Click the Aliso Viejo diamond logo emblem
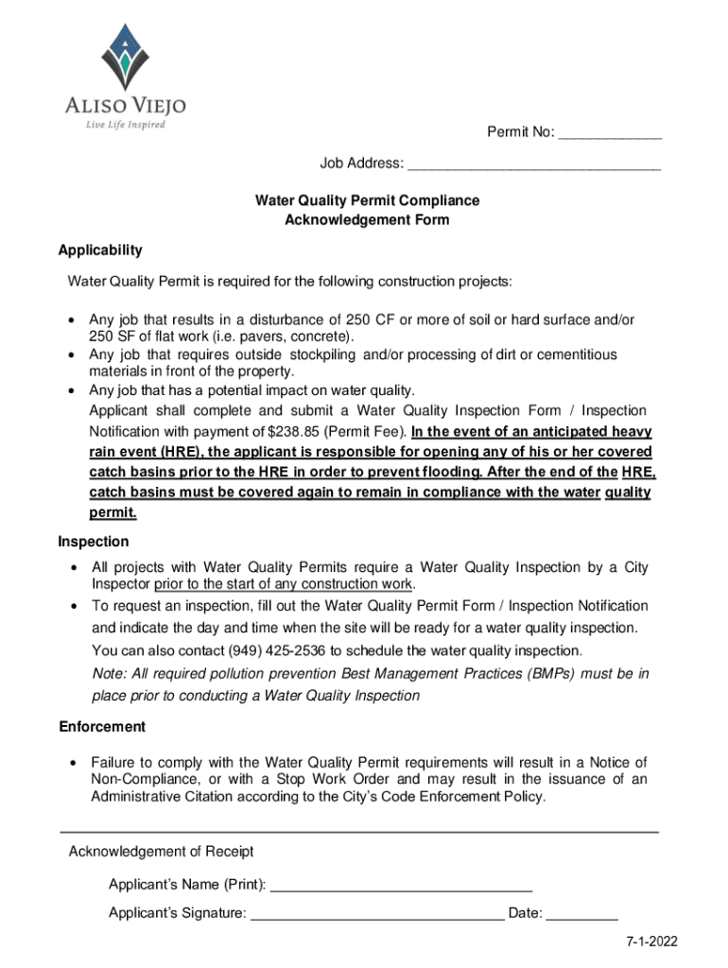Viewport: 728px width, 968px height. point(119,55)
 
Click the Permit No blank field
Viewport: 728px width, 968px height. point(609,133)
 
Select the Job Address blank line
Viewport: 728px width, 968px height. point(533,164)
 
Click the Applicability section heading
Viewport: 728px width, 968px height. point(100,251)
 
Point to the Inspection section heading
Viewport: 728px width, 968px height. point(94,543)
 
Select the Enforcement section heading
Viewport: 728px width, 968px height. point(102,727)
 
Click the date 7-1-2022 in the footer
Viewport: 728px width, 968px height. point(650,942)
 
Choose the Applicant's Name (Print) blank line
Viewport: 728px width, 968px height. point(401,886)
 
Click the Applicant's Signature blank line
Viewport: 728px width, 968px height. point(377,914)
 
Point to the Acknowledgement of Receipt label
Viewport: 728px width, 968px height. point(161,852)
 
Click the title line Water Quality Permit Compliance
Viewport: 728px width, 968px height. point(367,200)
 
